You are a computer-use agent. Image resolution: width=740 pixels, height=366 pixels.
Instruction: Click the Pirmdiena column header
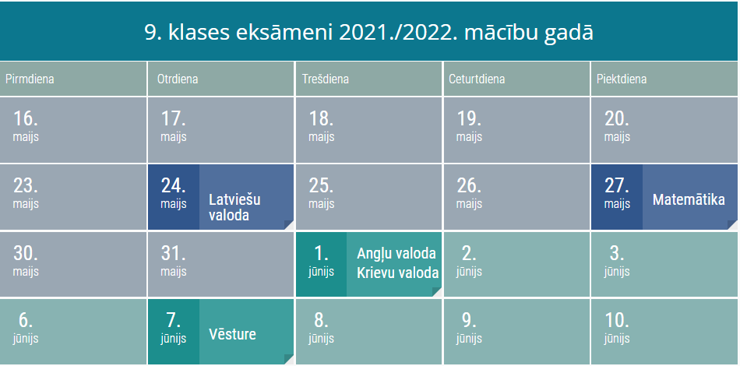(30, 79)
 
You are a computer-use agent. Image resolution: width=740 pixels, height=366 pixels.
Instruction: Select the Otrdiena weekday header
(178, 79)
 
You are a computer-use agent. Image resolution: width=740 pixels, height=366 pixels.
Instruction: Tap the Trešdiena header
(326, 79)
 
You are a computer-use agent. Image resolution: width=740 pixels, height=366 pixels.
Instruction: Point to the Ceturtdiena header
(477, 79)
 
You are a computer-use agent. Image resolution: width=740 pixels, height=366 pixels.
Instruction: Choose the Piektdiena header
(622, 79)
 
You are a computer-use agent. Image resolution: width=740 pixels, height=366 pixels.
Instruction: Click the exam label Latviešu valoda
(234, 207)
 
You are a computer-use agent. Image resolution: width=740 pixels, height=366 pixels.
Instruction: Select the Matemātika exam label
(689, 199)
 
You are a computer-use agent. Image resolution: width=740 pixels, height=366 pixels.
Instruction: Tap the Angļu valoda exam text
(396, 253)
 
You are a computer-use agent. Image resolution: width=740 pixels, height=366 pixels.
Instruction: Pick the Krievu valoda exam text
(397, 273)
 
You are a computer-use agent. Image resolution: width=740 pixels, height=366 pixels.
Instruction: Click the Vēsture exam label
(232, 334)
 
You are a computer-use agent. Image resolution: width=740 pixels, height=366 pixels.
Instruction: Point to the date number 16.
(26, 118)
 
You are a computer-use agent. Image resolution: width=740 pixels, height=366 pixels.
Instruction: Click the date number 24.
(173, 186)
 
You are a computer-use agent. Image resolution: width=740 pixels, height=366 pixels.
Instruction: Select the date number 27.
(617, 186)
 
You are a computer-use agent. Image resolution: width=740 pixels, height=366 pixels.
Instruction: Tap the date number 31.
(173, 253)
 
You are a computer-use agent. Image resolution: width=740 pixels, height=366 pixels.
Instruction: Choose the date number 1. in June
(322, 253)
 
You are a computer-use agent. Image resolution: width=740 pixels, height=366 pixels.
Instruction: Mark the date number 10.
(617, 321)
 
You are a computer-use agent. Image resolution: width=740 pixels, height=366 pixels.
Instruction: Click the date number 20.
(617, 118)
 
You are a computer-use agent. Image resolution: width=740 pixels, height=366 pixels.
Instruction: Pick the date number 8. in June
(322, 321)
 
